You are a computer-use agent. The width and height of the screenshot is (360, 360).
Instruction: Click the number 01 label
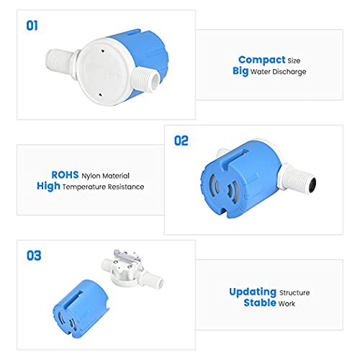coord(32,26)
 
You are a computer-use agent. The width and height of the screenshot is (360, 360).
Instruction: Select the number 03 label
coord(33,256)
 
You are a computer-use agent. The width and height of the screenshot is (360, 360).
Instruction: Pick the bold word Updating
coord(253,292)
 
